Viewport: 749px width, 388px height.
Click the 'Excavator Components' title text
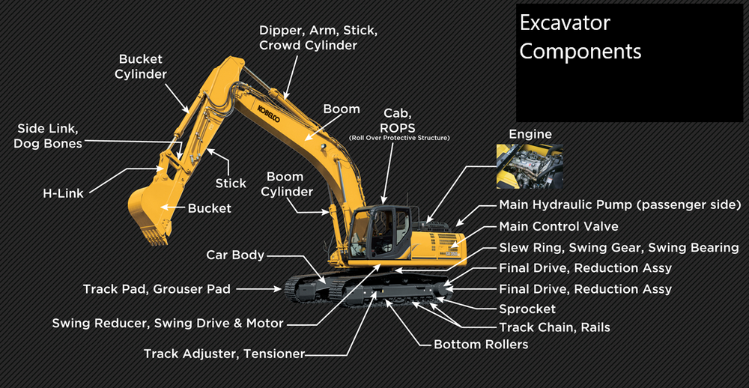(x=580, y=37)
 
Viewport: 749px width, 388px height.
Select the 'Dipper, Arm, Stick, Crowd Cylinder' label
(x=318, y=37)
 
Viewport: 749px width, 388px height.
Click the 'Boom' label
(x=342, y=109)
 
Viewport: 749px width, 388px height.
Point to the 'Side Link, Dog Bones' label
(x=47, y=136)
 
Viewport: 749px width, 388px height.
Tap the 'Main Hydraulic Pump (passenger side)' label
(x=619, y=205)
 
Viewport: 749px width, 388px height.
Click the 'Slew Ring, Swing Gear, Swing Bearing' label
(x=619, y=247)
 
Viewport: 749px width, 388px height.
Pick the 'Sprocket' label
(x=527, y=309)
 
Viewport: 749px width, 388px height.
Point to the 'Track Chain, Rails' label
(x=554, y=327)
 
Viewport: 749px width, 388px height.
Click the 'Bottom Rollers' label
(x=481, y=345)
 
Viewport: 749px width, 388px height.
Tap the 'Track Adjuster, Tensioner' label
(x=224, y=353)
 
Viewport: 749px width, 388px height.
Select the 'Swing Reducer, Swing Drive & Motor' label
(x=168, y=324)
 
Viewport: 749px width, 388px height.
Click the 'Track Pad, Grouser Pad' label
(x=157, y=288)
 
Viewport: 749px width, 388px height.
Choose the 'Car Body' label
(x=235, y=255)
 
